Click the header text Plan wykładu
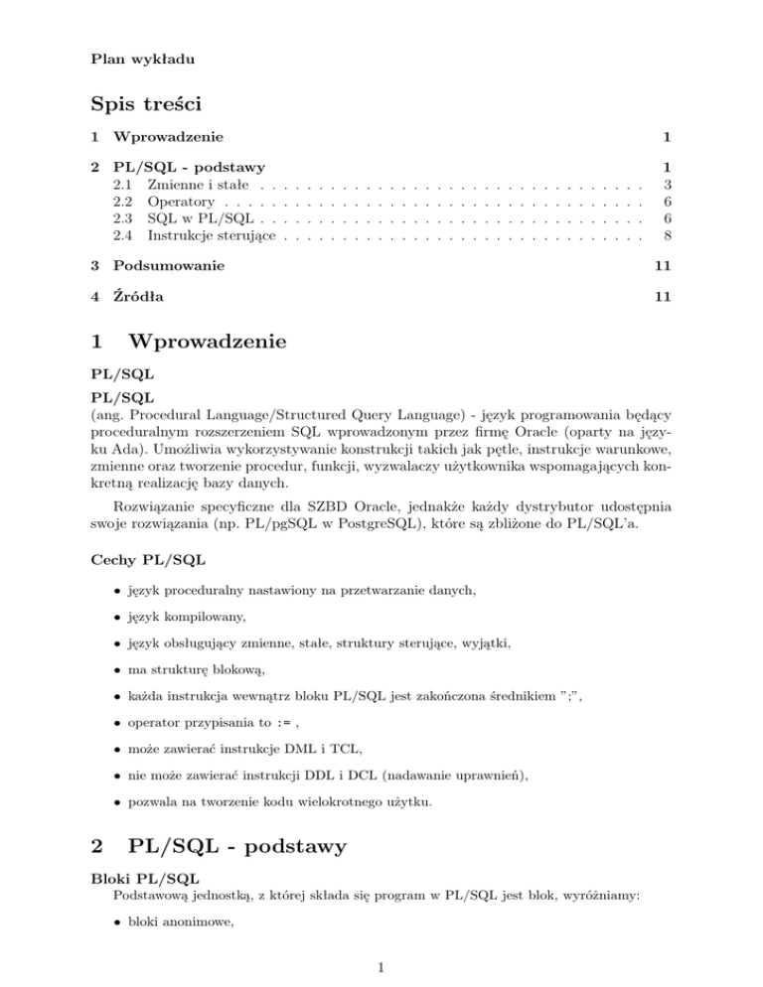click(138, 59)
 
